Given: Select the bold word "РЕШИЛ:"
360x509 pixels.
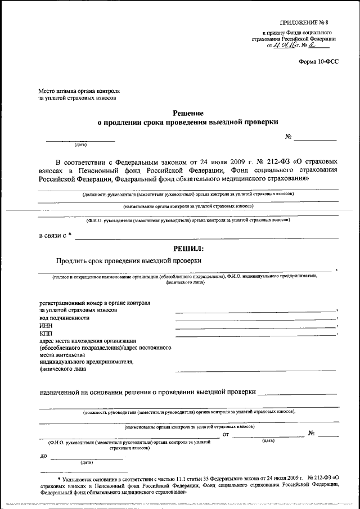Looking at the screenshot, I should click(188, 248).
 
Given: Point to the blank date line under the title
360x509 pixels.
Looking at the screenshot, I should click(80, 139).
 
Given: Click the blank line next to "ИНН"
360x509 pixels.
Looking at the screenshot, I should click(255, 327).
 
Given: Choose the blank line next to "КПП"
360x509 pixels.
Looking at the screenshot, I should click(255, 335).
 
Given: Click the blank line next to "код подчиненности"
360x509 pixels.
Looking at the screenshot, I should click(255, 319).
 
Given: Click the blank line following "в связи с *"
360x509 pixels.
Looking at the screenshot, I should click(206, 238).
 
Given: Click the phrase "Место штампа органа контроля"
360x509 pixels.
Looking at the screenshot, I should click(79, 91).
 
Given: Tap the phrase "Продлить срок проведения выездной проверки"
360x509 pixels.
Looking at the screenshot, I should click(129, 260).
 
